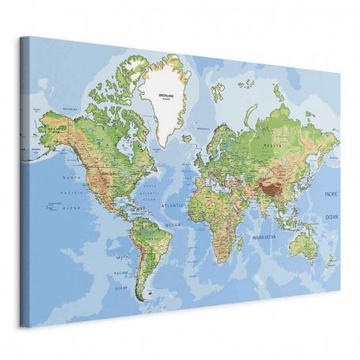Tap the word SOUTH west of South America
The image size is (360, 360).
click(122, 257)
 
